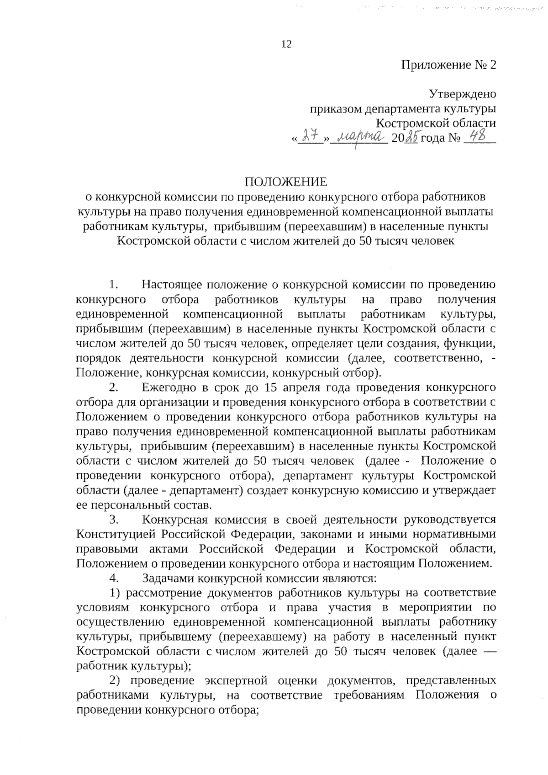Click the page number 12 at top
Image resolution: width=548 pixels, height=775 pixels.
[287, 44]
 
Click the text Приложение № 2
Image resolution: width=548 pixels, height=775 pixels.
[448, 65]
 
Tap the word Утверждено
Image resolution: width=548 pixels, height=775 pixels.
[462, 94]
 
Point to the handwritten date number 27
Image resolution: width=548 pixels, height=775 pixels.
[311, 136]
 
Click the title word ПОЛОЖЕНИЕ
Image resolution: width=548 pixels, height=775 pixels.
[286, 182]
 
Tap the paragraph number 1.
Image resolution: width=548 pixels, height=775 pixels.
[114, 285]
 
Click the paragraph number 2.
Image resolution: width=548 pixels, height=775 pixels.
[114, 388]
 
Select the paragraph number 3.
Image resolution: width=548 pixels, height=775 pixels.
[114, 520]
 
